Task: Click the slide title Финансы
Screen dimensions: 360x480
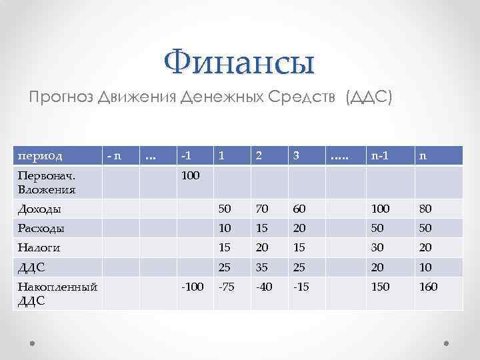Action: click(239, 63)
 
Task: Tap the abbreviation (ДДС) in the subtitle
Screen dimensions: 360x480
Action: click(369, 98)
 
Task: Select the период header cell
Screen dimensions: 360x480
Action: click(40, 155)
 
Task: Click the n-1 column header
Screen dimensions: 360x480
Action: click(380, 155)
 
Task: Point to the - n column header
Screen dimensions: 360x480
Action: click(114, 155)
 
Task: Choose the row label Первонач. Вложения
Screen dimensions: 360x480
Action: click(47, 183)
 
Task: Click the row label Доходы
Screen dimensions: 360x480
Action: click(39, 209)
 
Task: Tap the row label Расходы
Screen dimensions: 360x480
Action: click(41, 228)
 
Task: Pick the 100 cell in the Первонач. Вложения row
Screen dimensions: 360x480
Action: click(190, 176)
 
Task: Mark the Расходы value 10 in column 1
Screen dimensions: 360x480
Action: click(226, 228)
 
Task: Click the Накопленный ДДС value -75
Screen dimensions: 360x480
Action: click(227, 287)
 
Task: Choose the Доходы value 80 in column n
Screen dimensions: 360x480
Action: click(425, 209)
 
